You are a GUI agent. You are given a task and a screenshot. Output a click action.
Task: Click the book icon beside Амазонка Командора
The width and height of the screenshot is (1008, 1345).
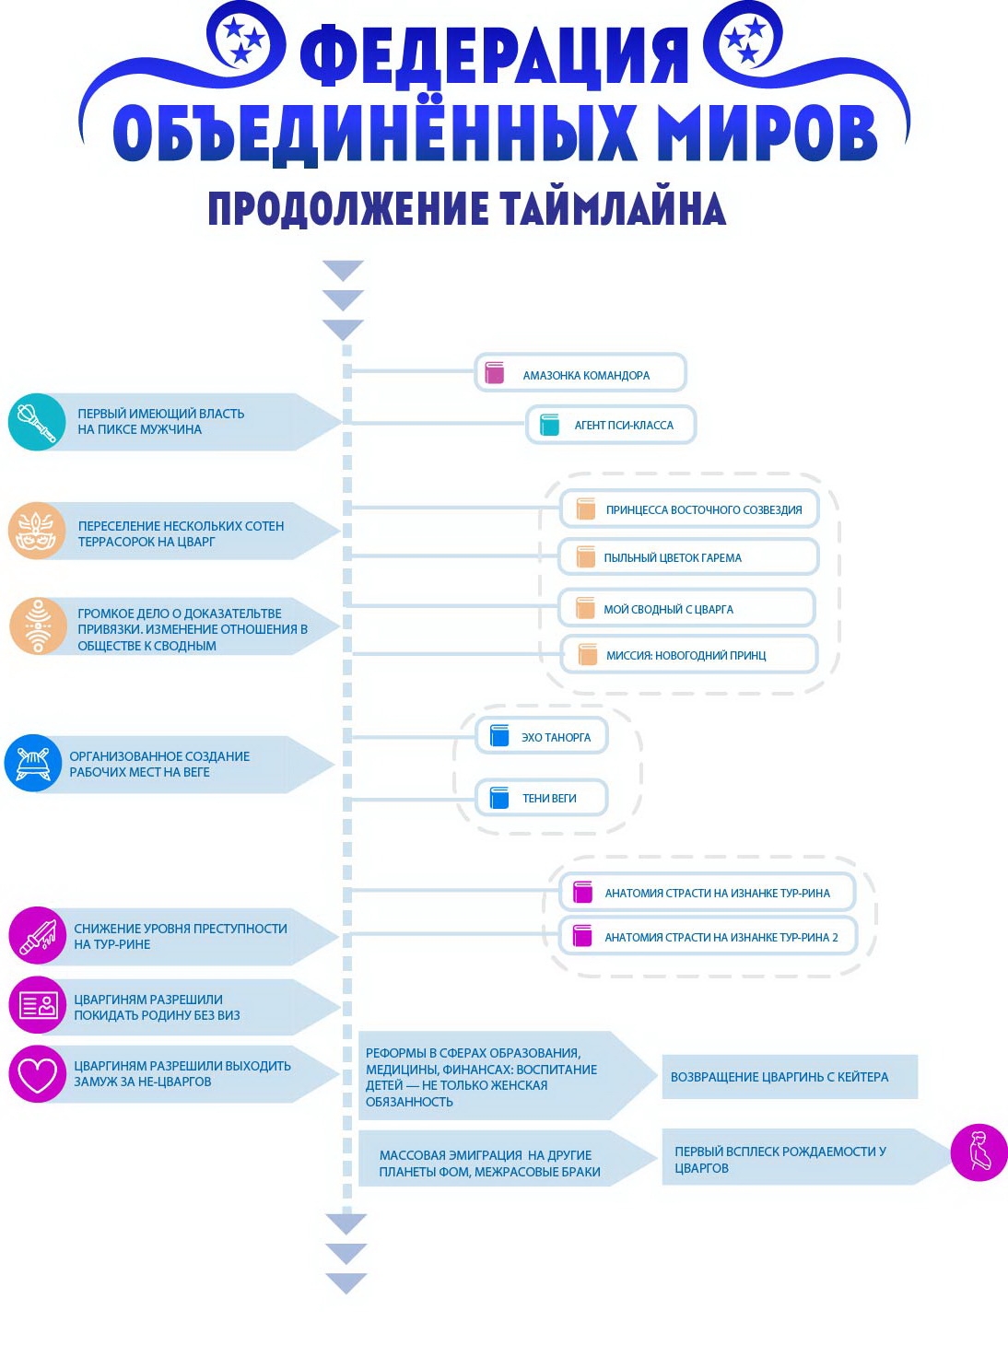(x=495, y=373)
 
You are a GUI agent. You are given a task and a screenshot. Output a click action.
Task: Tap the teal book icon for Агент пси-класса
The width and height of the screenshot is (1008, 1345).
(x=550, y=425)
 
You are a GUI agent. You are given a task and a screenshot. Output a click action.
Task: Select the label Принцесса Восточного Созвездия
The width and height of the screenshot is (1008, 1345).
(x=703, y=509)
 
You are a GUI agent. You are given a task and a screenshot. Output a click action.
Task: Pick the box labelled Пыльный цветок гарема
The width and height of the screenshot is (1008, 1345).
(x=688, y=557)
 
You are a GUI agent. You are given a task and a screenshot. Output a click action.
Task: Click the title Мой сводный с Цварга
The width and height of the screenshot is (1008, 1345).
(x=668, y=609)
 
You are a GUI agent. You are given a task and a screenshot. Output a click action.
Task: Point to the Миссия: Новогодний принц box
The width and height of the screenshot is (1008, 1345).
(x=688, y=655)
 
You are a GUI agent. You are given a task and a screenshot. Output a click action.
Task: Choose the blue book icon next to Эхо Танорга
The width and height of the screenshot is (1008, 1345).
(x=499, y=736)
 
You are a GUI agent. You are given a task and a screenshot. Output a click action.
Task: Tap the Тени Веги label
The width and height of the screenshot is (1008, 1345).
(x=549, y=799)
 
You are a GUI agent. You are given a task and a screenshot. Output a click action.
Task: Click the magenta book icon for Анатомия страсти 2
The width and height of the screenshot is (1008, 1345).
(x=582, y=936)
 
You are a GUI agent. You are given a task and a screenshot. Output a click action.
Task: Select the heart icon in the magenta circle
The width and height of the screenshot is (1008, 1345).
(x=38, y=1074)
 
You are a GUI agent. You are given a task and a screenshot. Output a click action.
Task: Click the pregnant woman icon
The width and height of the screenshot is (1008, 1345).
(x=979, y=1152)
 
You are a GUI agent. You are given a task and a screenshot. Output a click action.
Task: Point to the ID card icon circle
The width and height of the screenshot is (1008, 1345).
(x=38, y=1005)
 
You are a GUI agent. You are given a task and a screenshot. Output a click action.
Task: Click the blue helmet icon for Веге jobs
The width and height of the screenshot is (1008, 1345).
(x=33, y=763)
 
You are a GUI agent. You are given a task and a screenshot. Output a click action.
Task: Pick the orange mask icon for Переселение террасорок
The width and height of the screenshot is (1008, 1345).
(x=37, y=532)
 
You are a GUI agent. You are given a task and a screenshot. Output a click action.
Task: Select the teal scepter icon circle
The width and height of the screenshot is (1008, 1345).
(x=37, y=422)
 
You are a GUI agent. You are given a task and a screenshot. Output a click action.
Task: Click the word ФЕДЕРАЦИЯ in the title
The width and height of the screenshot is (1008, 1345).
(x=494, y=55)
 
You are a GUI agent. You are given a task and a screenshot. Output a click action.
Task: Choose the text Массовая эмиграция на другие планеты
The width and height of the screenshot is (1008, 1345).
(x=489, y=1164)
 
